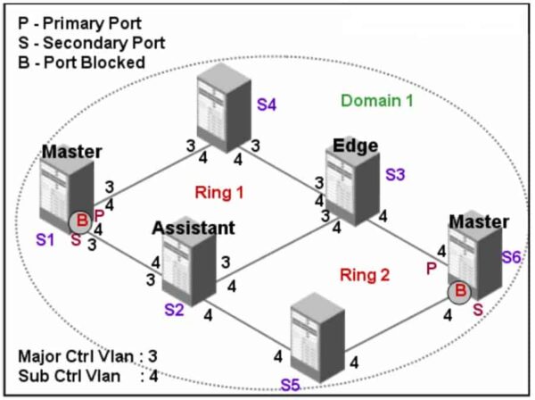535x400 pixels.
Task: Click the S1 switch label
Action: coord(45,239)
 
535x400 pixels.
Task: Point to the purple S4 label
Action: coord(267,104)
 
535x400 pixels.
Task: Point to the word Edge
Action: coord(356,146)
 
